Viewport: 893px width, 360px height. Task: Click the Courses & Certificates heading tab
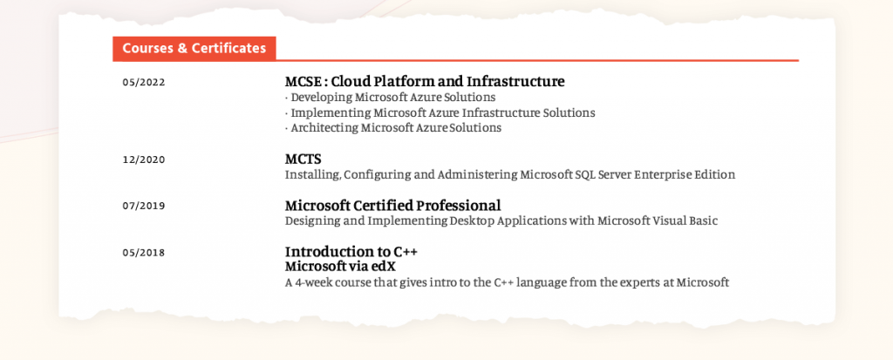coord(194,49)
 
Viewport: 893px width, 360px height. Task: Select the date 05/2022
coord(144,82)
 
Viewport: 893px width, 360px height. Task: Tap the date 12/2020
coord(144,160)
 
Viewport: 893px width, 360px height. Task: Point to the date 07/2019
coord(144,206)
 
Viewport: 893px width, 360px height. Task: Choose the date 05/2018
coord(144,252)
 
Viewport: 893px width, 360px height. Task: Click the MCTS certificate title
coord(303,159)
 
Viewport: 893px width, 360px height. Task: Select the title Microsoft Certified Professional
coord(393,205)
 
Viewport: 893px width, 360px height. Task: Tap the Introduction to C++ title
coord(352,251)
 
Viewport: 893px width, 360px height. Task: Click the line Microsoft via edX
coord(340,266)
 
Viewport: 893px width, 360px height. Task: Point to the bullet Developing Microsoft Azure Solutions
coord(390,98)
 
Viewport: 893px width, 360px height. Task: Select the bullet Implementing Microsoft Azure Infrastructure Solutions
coord(440,112)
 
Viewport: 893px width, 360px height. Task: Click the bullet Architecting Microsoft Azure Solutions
coord(393,127)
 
